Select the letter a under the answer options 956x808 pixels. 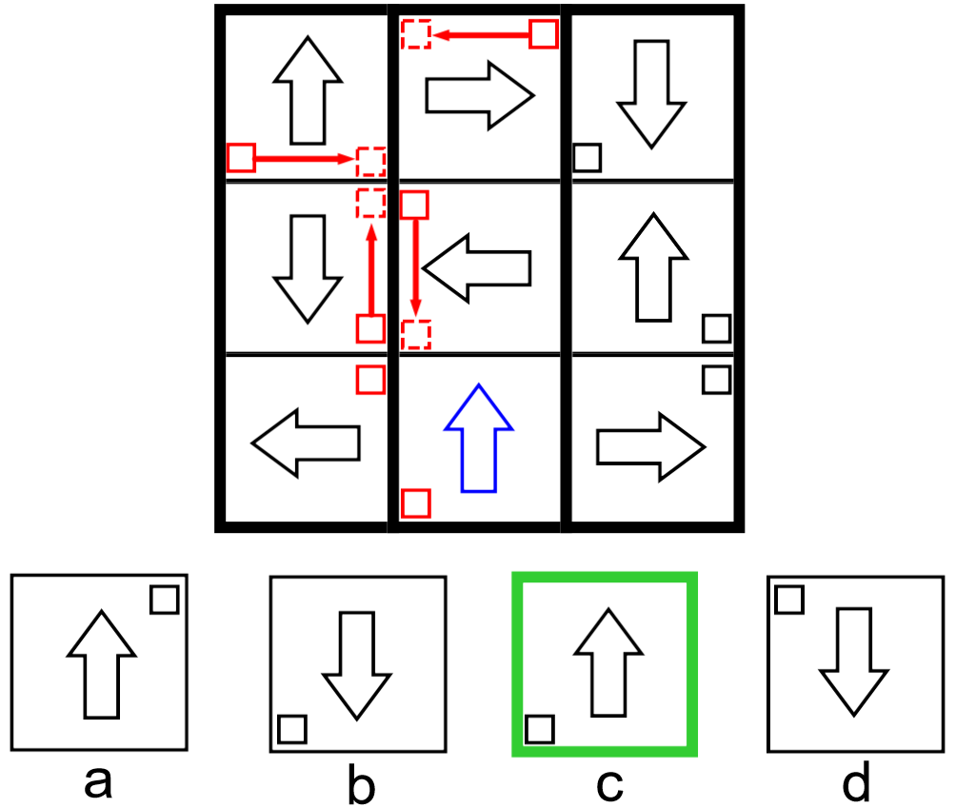pyautogui.click(x=98, y=782)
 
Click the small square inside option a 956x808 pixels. pyautogui.click(x=165, y=601)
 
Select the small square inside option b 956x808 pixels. pyautogui.click(x=291, y=729)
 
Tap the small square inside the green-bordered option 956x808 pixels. pyautogui.click(x=540, y=729)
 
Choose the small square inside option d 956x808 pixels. pyautogui.click(x=789, y=600)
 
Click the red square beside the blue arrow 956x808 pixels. pyautogui.click(x=415, y=503)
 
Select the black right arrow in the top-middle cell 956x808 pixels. pyautogui.click(x=479, y=94)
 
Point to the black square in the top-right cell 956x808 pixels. pyautogui.click(x=587, y=157)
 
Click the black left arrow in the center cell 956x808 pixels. pyautogui.click(x=476, y=269)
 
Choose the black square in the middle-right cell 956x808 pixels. pyautogui.click(x=716, y=328)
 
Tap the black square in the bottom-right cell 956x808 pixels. pyautogui.click(x=716, y=380)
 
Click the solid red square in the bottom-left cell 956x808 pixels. pyautogui.click(x=370, y=379)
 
